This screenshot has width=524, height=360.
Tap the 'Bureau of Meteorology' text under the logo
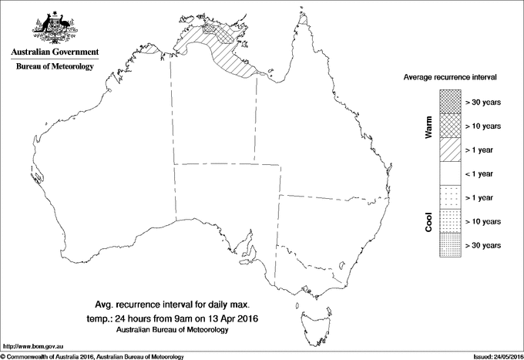click(54, 67)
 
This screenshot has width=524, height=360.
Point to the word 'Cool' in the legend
click(428, 222)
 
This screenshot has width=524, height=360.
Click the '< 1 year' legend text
click(483, 173)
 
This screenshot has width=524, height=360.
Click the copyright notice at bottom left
click(92, 355)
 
